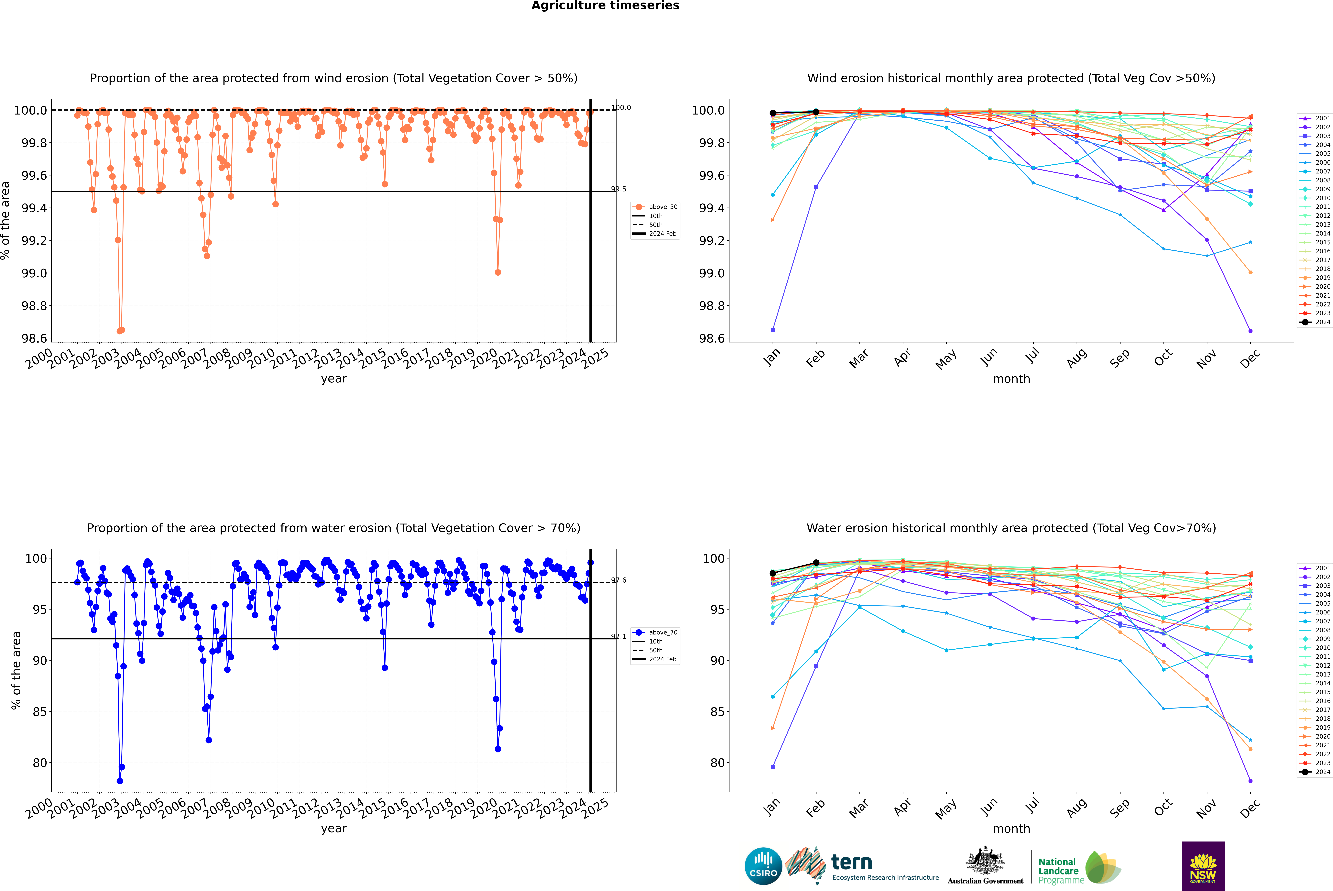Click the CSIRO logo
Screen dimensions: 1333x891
(x=763, y=866)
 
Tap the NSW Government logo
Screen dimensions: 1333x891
(x=1203, y=866)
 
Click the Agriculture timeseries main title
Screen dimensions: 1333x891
(x=605, y=6)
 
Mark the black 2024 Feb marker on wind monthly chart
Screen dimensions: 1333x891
(x=816, y=112)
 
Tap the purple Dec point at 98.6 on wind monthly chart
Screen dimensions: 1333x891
(x=1250, y=331)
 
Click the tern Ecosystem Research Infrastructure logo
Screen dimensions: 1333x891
(x=862, y=866)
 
